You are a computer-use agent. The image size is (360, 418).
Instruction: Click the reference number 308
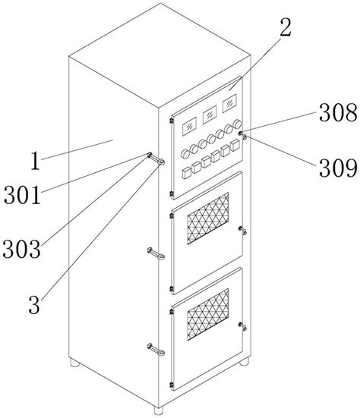(338, 113)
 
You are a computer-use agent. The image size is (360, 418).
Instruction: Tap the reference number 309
(338, 168)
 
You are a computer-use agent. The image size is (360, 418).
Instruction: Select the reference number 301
(23, 195)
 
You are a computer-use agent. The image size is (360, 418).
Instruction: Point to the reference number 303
(22, 249)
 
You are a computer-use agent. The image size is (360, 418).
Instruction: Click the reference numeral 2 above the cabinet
(286, 27)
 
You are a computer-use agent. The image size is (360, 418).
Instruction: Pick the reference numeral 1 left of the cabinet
(36, 161)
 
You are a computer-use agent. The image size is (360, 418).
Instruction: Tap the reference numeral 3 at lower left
(34, 305)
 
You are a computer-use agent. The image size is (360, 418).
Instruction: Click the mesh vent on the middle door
(208, 218)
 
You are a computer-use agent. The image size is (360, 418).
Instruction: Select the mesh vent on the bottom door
(208, 314)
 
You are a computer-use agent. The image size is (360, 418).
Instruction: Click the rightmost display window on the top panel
(229, 103)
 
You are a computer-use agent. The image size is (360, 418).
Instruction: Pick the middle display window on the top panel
(210, 115)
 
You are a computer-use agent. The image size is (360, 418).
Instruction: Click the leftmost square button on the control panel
(186, 173)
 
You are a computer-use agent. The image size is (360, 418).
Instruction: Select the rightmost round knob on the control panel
(237, 124)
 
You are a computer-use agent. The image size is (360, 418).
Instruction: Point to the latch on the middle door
(242, 231)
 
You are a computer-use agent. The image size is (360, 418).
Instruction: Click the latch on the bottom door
(242, 326)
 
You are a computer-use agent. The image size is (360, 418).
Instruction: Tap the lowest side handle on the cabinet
(156, 349)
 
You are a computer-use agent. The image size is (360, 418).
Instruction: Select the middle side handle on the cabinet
(156, 253)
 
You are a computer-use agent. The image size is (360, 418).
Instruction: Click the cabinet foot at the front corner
(159, 410)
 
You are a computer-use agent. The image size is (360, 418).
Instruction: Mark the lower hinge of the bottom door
(172, 385)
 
